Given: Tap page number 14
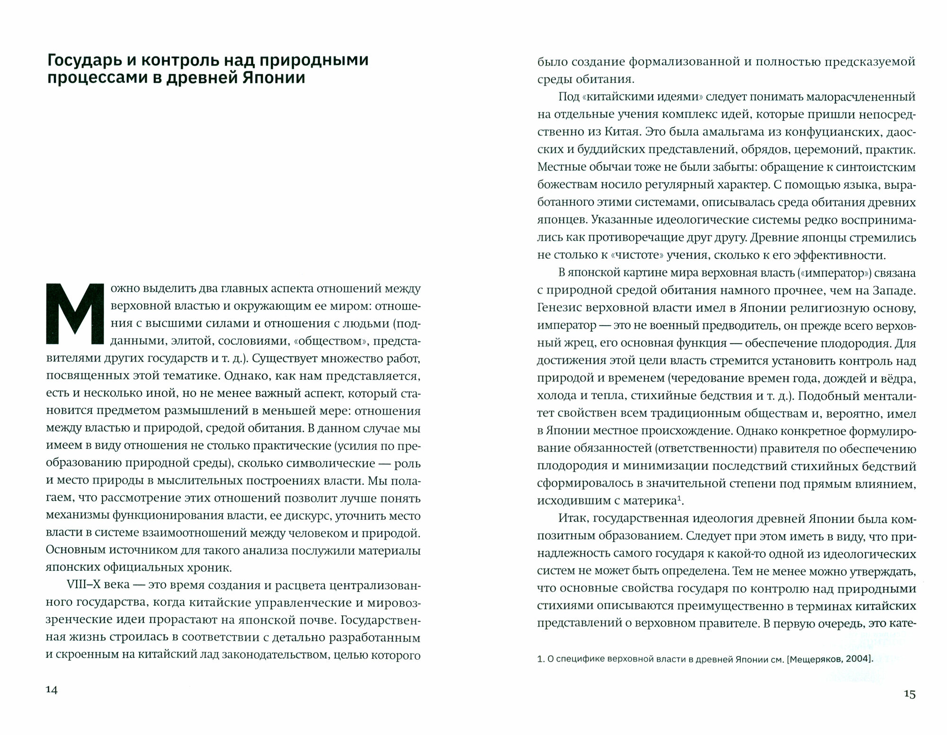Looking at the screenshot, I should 51,690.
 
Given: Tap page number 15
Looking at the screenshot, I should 909,694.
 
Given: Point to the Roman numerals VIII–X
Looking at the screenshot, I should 87,586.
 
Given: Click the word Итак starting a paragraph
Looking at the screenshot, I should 572,519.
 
